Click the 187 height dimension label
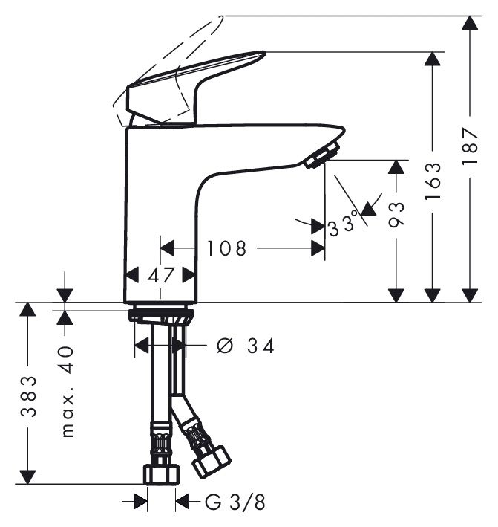470,145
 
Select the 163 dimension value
433,181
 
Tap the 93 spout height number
396,215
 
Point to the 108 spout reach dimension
226,249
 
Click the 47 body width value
160,276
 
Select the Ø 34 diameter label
246,346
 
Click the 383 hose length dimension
28,396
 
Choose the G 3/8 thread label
235,502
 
